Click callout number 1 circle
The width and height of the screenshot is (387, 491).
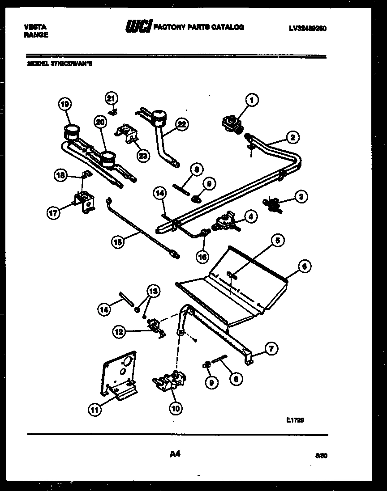click(252, 101)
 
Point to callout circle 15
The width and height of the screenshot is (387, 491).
click(117, 242)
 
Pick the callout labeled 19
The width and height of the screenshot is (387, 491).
click(65, 105)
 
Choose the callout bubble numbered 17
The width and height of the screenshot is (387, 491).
click(53, 213)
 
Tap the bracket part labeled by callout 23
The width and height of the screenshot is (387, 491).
click(126, 132)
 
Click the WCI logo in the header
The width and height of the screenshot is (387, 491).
click(139, 28)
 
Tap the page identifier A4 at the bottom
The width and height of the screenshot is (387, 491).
click(175, 454)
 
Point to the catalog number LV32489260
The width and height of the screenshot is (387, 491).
click(307, 28)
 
